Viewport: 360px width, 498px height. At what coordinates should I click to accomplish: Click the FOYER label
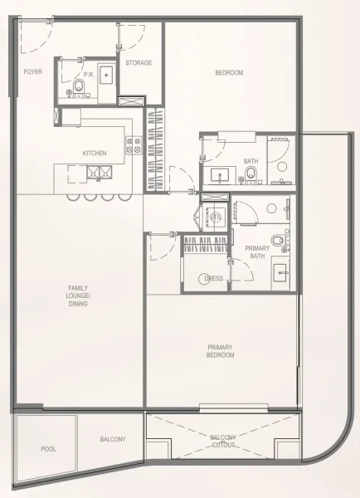32,72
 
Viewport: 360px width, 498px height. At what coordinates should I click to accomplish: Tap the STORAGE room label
139,63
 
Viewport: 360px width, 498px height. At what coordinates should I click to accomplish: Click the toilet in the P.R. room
77,85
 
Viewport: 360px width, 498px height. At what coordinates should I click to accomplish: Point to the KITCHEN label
95,154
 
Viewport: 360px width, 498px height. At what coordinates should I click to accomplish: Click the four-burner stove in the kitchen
133,146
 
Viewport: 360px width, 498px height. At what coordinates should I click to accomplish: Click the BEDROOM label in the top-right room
229,73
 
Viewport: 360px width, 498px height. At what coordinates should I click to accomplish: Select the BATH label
251,161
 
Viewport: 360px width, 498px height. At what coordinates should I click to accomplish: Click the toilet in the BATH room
251,174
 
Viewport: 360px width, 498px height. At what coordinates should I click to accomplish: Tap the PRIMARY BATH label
257,252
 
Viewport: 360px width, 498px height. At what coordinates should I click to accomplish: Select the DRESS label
213,280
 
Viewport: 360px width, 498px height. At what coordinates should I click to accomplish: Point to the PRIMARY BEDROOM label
221,351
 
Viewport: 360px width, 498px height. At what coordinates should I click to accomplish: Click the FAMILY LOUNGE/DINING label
79,296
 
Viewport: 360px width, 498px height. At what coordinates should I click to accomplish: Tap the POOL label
49,449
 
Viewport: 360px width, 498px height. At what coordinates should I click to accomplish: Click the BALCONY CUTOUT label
223,442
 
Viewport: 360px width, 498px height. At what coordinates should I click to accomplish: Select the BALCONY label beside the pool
113,439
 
